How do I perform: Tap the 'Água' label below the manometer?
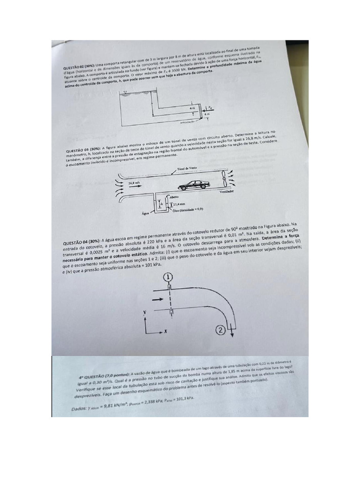pyautogui.click(x=145, y=213)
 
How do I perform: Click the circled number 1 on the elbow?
pyautogui.click(x=168, y=278)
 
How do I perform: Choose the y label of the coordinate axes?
pyautogui.click(x=145, y=311)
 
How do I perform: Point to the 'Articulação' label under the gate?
pyautogui.click(x=187, y=122)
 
